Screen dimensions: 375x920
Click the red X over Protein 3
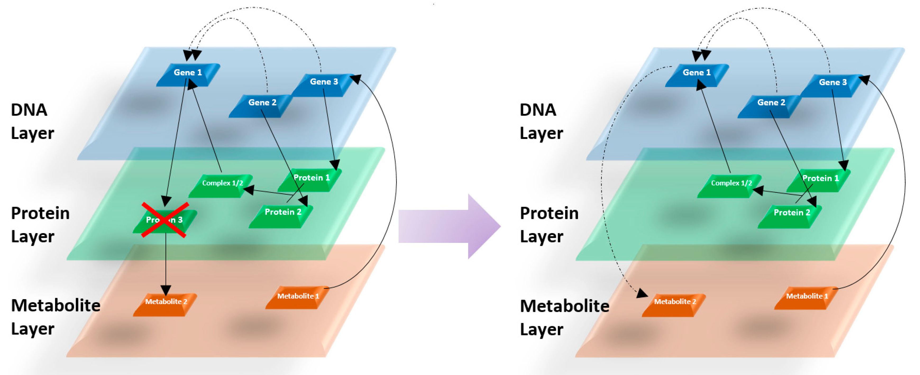coord(165,220)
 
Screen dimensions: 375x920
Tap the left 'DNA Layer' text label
coord(32,121)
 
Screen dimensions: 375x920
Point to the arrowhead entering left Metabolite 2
coord(166,290)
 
